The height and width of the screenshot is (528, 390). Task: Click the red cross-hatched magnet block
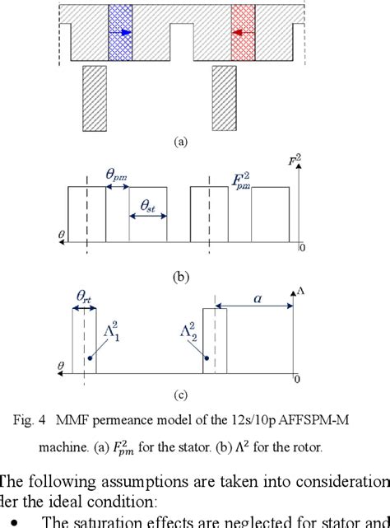coord(244,33)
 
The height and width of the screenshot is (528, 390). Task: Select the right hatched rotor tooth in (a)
coord(224,96)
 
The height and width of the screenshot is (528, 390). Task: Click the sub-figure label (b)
coord(181,278)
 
